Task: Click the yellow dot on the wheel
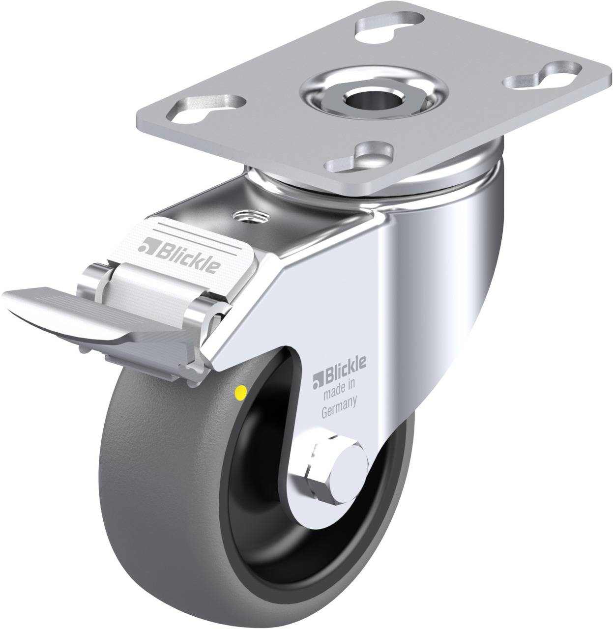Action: (241, 392)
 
